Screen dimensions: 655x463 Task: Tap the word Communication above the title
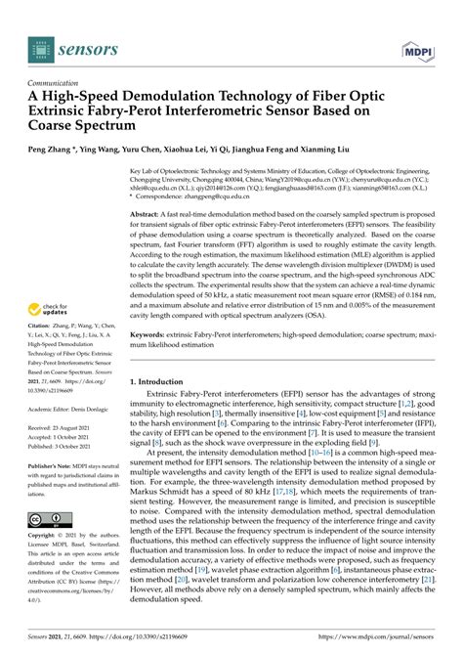pyautogui.click(x=57, y=83)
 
